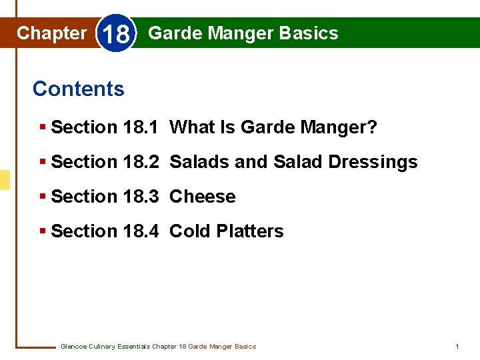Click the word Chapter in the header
[51, 33]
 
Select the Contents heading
[78, 89]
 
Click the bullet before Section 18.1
[43, 127]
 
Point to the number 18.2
[141, 162]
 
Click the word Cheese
[203, 197]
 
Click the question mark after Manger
[371, 127]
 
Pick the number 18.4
[141, 231]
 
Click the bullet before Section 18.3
[43, 197]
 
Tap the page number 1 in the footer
[457, 347]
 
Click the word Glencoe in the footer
[73, 347]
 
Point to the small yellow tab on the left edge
[5, 180]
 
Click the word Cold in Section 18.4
[188, 231]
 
